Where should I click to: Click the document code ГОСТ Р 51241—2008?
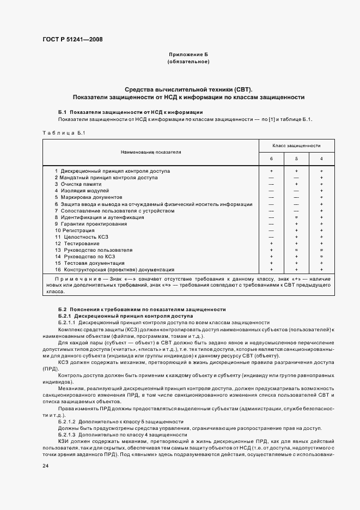(x=72, y=39)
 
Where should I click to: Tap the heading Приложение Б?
(x=188, y=55)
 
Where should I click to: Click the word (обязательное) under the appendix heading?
(x=188, y=62)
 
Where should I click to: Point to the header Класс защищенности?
(x=296, y=146)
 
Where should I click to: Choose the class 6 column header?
(x=271, y=159)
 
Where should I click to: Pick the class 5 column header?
(x=296, y=159)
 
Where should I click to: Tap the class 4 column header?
(x=321, y=159)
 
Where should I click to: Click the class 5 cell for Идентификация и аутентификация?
(x=296, y=217)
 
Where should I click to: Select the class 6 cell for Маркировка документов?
(x=271, y=197)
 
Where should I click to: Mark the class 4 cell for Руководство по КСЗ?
(x=321, y=256)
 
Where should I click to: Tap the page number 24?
(x=45, y=466)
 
